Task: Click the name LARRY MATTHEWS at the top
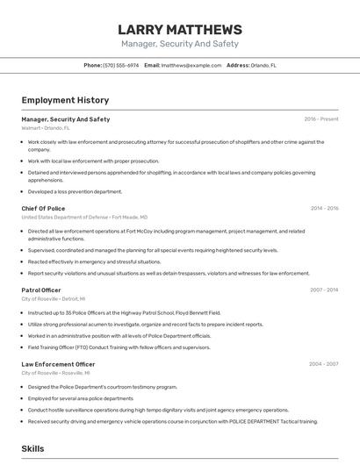[x=179, y=29]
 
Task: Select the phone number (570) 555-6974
[x=121, y=65]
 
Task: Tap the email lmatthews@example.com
[x=191, y=65]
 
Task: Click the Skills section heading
[x=32, y=448]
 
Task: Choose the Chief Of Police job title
[x=43, y=208]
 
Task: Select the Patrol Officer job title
[x=41, y=290]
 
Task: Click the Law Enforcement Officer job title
[x=58, y=364]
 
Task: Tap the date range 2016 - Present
[x=320, y=119]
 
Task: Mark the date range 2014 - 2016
[x=324, y=209]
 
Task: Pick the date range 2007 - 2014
[x=324, y=290]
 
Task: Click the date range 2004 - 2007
[x=324, y=364]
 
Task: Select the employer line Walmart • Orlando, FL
[x=46, y=128]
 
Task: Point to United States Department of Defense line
[x=84, y=217]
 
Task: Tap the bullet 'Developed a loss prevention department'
[x=75, y=191]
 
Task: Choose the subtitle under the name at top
[x=179, y=44]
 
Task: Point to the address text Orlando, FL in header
[x=263, y=65]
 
